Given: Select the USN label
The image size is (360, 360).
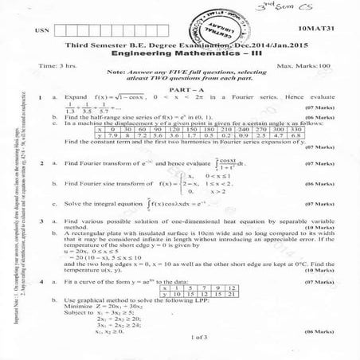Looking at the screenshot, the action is point(38,29).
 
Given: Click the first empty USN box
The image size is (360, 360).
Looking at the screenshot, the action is point(61,29).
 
